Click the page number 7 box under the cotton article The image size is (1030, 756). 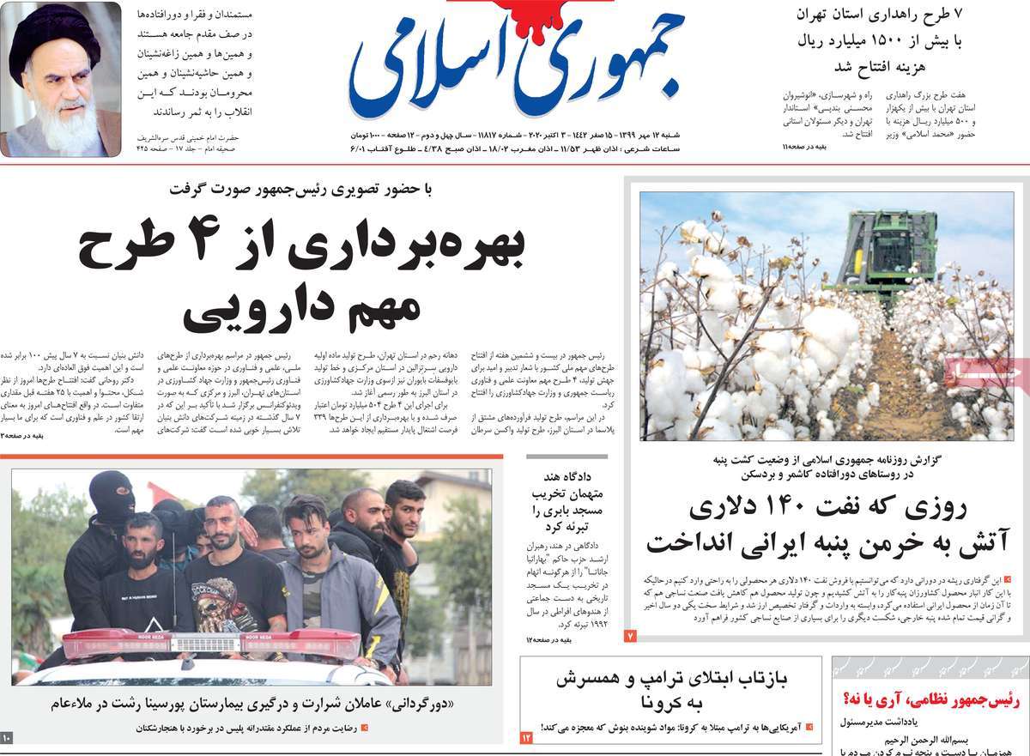coord(629,636)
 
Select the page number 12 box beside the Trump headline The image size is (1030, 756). coord(527,736)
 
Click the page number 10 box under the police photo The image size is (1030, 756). coord(7,737)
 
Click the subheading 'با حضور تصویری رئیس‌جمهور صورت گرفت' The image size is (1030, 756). coord(301,190)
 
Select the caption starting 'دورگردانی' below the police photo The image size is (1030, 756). coord(257,705)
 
